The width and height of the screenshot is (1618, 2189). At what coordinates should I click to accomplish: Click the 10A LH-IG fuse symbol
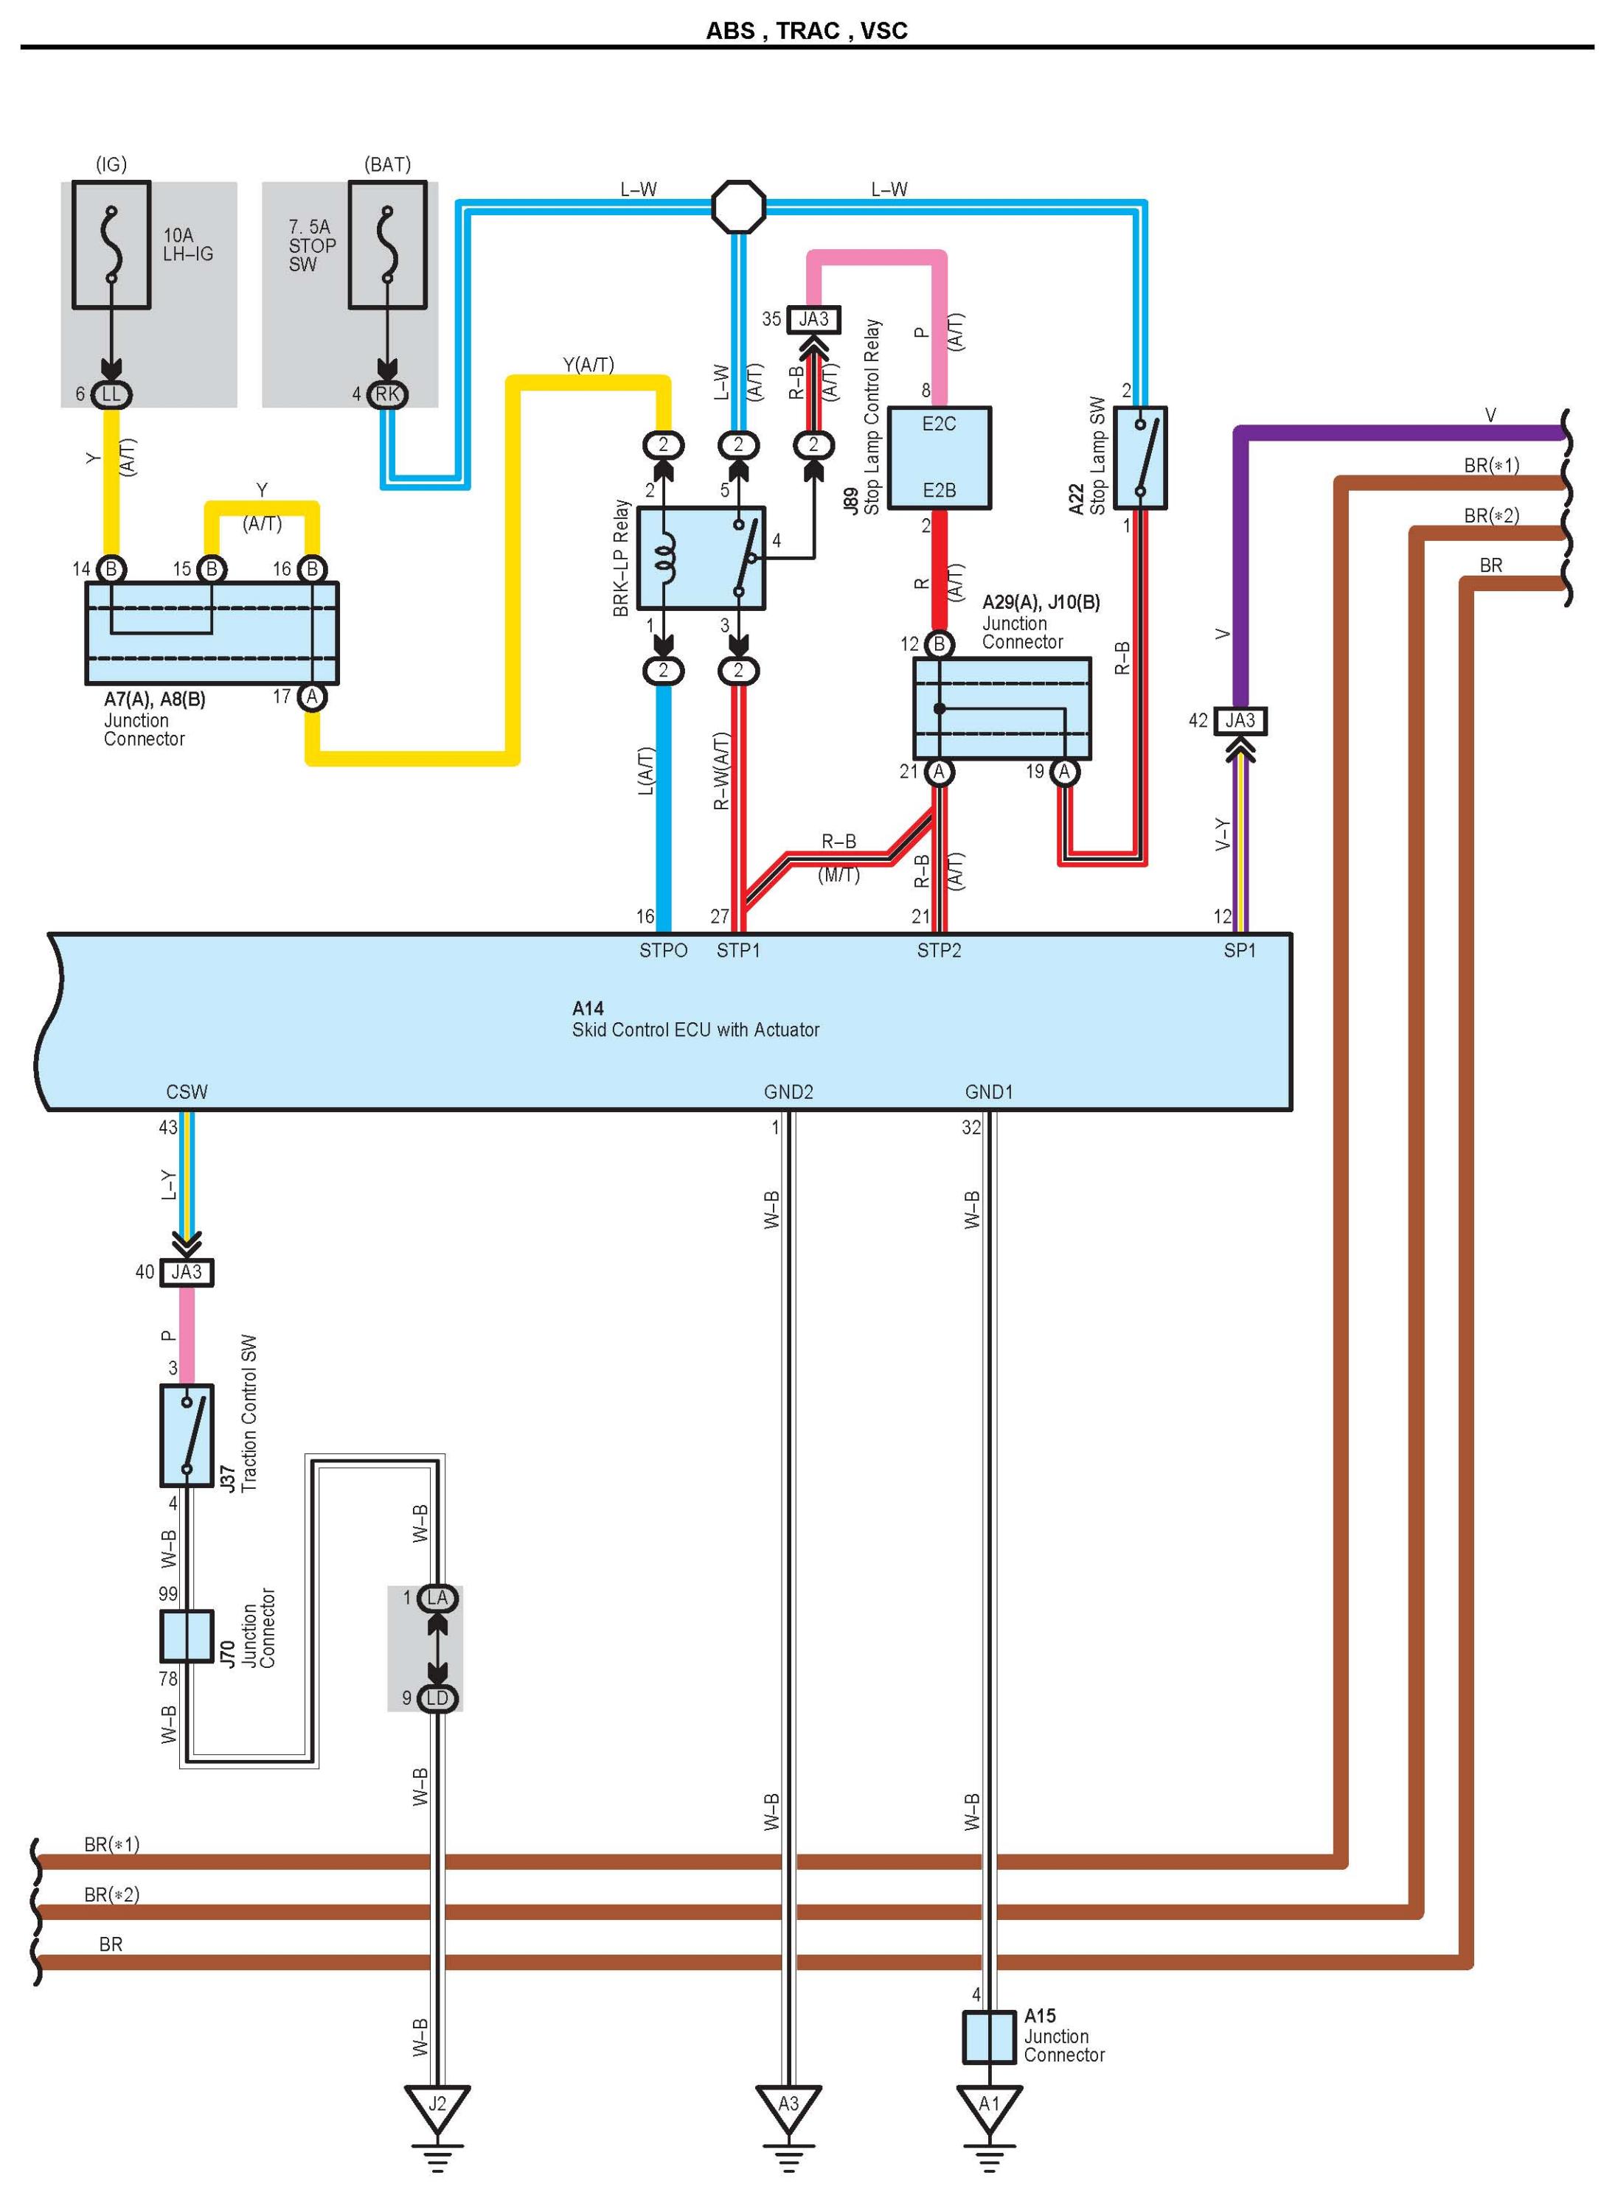click(111, 245)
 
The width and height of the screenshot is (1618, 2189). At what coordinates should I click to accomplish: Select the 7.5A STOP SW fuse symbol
click(387, 245)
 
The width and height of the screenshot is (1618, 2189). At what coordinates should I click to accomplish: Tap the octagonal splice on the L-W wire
click(737, 206)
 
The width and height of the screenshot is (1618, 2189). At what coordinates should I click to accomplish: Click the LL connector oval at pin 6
click(111, 394)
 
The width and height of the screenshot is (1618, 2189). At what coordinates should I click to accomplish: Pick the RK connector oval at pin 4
click(387, 394)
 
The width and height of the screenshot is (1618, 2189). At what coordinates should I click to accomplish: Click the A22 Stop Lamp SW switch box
click(1140, 457)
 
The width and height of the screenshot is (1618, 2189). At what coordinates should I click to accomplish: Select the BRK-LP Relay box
click(701, 558)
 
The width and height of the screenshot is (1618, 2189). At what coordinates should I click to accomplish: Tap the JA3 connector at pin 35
click(813, 319)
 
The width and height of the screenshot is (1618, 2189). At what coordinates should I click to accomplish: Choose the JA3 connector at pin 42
click(1239, 721)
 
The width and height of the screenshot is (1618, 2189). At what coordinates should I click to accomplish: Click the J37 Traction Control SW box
click(186, 1435)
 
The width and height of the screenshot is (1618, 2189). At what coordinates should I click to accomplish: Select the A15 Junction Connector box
click(989, 2037)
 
